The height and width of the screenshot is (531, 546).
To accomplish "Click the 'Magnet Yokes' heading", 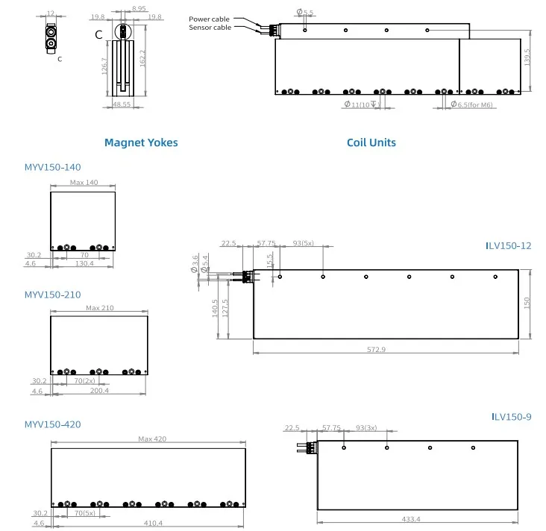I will coord(141,142).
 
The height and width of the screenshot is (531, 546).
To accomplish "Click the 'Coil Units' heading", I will coord(371,142).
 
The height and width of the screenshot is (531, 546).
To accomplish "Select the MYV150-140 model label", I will coord(52,168).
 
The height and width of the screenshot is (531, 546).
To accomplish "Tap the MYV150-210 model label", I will coord(52,295).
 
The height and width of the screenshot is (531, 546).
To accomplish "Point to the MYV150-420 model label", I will coord(52,424).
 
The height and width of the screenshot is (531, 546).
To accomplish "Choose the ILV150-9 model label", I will coord(511,417).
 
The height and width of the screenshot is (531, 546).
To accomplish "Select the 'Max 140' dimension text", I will coord(84,182).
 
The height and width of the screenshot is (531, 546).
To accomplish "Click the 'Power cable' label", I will coord(210,19).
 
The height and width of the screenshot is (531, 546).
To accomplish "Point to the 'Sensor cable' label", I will coord(210,28).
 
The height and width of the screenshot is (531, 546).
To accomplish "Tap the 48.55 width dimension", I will coord(122,105).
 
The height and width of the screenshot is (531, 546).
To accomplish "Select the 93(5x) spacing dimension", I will coord(303,244).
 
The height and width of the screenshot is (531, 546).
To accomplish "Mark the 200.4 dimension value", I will coord(98,390).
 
